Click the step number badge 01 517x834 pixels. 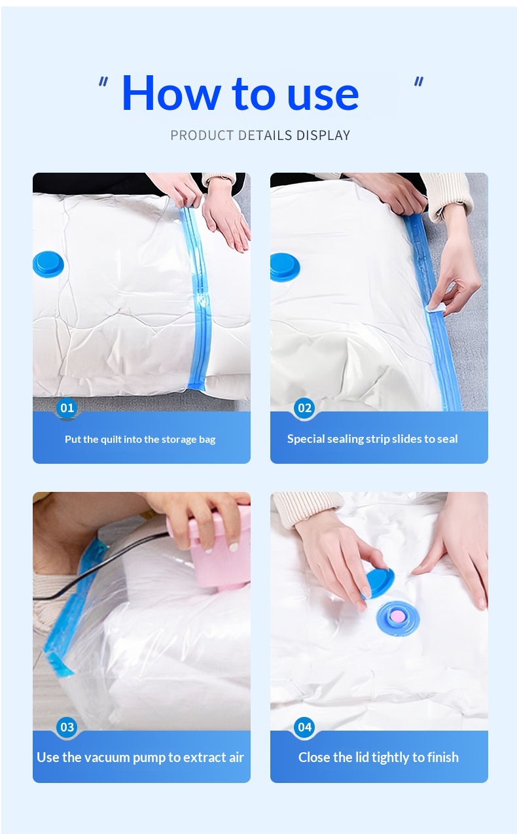pos(67,408)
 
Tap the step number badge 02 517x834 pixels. pos(305,408)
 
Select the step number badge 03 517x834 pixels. pos(67,727)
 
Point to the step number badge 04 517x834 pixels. pos(305,727)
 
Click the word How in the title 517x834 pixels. pos(171,93)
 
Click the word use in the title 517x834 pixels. pos(323,97)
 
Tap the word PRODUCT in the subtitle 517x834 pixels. pos(202,135)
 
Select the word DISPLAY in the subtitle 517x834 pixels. pos(323,135)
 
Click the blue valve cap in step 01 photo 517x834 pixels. pos(48,264)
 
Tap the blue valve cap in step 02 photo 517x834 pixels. pos(285,267)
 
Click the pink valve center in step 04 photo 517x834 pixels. pos(398,617)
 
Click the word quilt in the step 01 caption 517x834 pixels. pos(111,440)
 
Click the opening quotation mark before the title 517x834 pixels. pos(103,82)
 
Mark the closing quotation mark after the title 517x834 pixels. pos(419,82)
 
